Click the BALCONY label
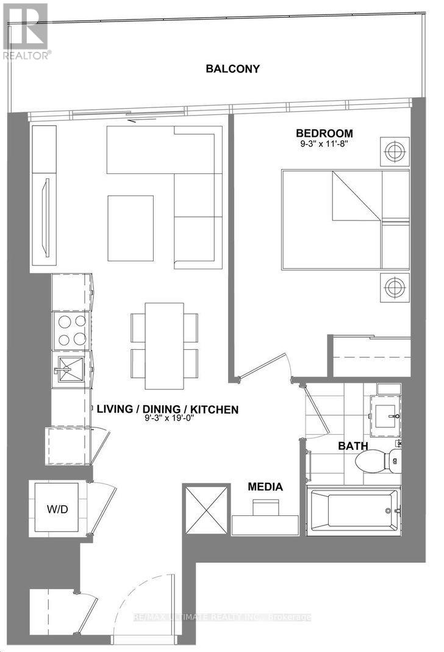(232, 69)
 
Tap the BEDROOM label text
(324, 134)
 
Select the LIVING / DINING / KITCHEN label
(167, 410)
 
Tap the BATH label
(354, 446)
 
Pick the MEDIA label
(265, 487)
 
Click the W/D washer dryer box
(56, 509)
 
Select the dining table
(165, 346)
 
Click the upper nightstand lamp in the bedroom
(394, 150)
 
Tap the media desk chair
(265, 506)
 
